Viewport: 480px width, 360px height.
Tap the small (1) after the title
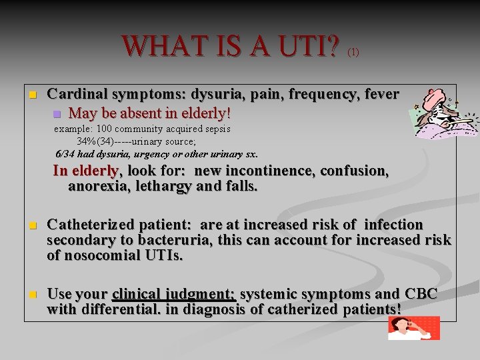353,52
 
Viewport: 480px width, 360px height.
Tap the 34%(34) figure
95,141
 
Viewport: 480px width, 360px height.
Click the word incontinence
270,171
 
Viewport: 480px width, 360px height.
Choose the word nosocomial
103,255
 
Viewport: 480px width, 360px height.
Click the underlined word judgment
203,294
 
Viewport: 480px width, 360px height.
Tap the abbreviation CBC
421,294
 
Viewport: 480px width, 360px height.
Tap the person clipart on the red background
413,328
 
